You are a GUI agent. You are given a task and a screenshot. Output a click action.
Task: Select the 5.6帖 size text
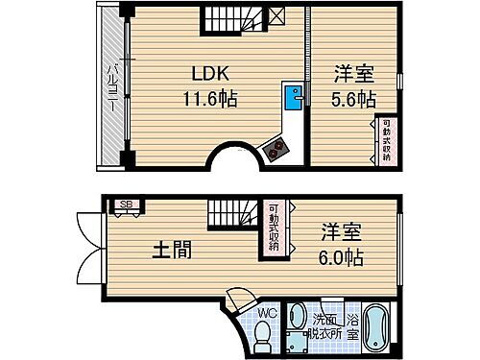tap(352, 98)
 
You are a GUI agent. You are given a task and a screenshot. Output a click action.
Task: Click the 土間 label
tap(172, 251)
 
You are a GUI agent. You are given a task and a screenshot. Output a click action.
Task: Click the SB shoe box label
tap(125, 204)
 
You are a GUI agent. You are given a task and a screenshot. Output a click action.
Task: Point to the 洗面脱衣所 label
tap(324, 327)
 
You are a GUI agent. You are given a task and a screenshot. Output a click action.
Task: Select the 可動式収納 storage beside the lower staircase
tap(275, 228)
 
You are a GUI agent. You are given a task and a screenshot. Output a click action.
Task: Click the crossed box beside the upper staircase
tap(276, 15)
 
